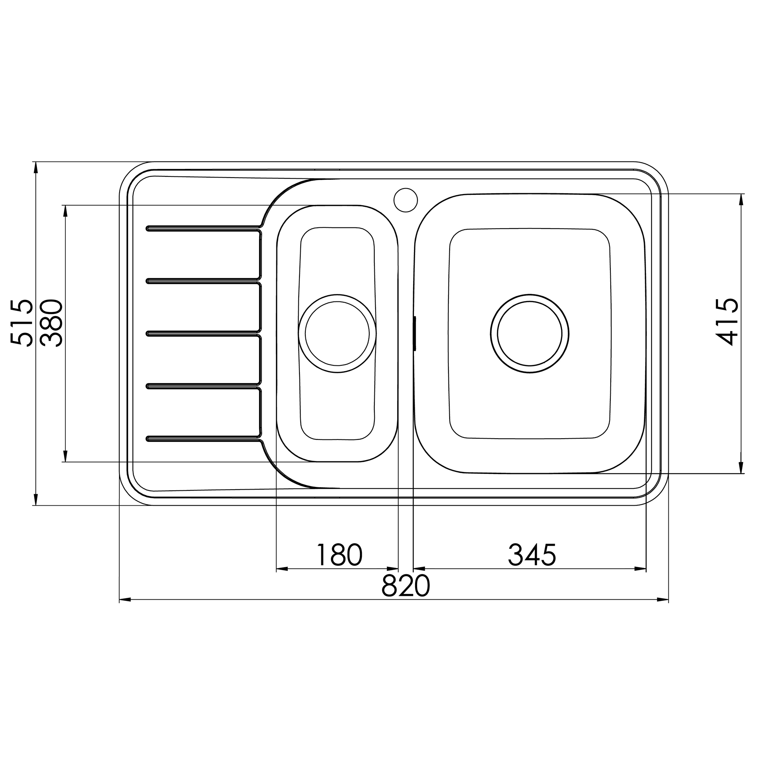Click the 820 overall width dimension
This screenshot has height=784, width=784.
tap(405, 586)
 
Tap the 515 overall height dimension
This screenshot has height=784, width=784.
tap(22, 323)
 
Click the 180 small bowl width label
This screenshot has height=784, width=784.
tap(339, 555)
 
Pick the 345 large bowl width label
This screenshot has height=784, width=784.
tap(532, 555)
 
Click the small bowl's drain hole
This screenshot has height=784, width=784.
tap(337, 334)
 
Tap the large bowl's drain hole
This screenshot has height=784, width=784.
tap(530, 334)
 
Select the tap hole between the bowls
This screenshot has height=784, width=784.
tap(405, 200)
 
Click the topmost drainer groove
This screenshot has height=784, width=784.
tap(203, 228)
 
